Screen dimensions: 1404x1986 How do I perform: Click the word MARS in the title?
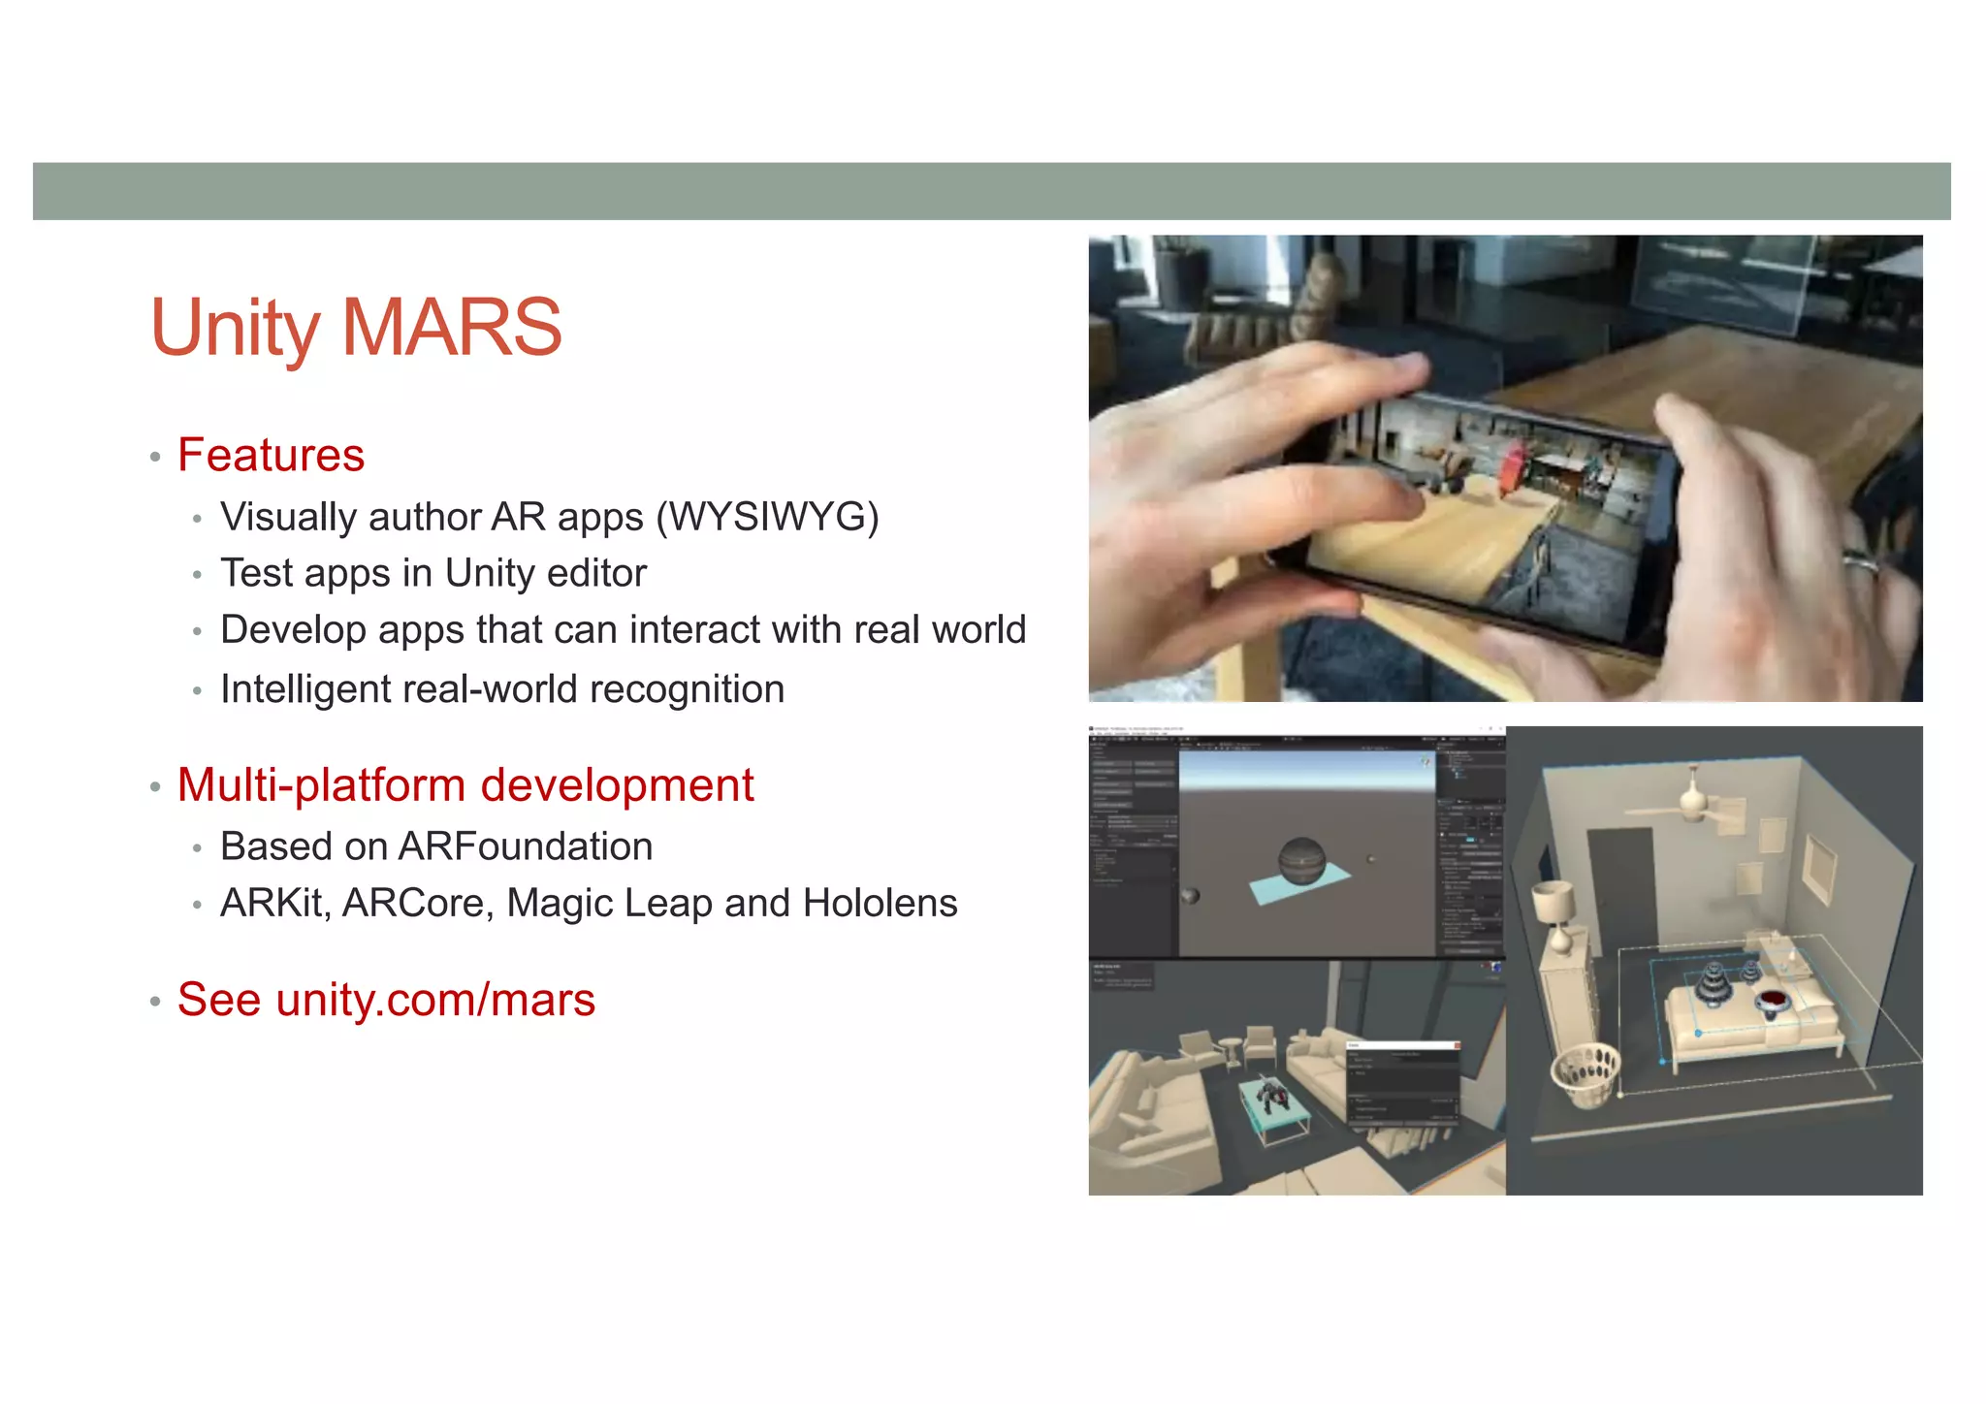coord(452,328)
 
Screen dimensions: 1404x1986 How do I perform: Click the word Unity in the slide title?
coord(235,328)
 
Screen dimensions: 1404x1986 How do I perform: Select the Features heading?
coord(271,455)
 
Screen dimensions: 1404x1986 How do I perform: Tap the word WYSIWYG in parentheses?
coord(768,517)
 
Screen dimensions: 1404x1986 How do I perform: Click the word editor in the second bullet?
coord(595,573)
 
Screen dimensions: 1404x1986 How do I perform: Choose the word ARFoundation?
coord(525,846)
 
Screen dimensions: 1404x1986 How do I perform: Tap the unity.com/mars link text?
coord(435,1000)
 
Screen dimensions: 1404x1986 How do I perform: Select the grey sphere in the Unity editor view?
coord(1301,861)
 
